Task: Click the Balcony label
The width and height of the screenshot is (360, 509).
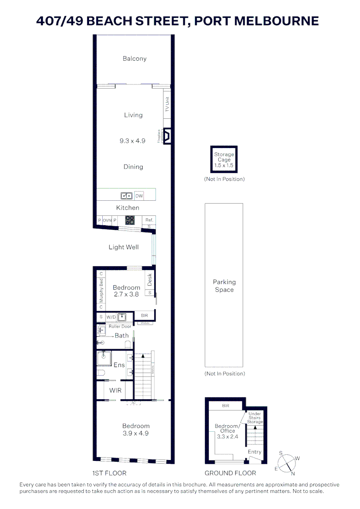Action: click(135, 59)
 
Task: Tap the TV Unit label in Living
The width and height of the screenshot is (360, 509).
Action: click(167, 105)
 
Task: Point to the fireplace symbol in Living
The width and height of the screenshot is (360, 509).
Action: click(167, 136)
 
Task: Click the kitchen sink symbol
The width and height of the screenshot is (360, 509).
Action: click(126, 196)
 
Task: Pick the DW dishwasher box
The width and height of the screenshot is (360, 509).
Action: click(139, 196)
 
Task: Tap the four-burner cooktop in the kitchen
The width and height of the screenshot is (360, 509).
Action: click(130, 220)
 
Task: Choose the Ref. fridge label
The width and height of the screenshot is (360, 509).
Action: click(149, 220)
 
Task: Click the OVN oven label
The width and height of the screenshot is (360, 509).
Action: click(107, 220)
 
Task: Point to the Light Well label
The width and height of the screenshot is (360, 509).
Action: click(123, 247)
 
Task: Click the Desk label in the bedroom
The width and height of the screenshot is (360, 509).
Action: click(150, 280)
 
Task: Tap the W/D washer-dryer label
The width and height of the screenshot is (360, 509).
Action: click(111, 317)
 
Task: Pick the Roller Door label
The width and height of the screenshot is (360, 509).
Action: click(120, 326)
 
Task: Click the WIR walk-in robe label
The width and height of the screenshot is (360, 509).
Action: click(115, 391)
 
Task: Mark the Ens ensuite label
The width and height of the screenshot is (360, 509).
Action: click(119, 365)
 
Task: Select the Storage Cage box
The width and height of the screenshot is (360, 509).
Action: click(224, 160)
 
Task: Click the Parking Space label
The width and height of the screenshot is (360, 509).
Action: click(224, 286)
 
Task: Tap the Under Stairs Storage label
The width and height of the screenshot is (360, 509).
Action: click(255, 417)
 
